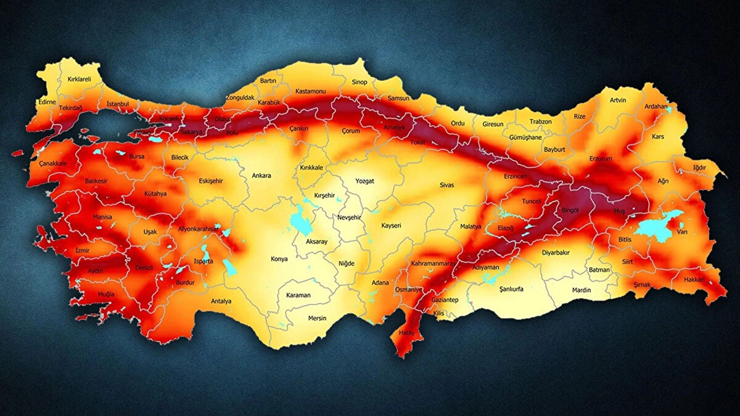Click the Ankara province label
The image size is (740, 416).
[261, 176]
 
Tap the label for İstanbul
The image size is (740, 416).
[117, 104]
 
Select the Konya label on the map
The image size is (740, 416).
[279, 259]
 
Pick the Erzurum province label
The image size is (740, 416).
[601, 158]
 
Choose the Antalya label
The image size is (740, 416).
[221, 301]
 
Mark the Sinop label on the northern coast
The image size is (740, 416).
[359, 82]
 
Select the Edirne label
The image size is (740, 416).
[47, 102]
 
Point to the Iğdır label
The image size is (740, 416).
[699, 167]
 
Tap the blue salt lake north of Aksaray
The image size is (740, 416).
[300, 221]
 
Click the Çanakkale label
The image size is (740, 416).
[52, 163]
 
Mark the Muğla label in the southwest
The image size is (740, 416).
[106, 295]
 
